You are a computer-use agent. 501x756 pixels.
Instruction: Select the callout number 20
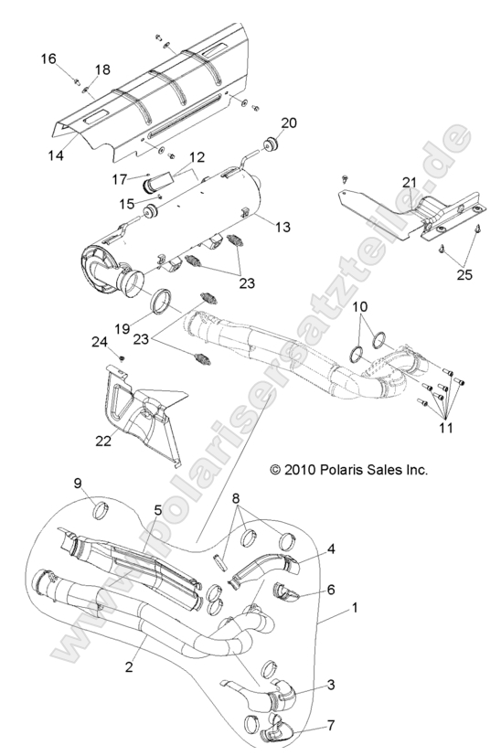[289, 123]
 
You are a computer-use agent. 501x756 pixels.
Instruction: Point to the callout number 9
[79, 483]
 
